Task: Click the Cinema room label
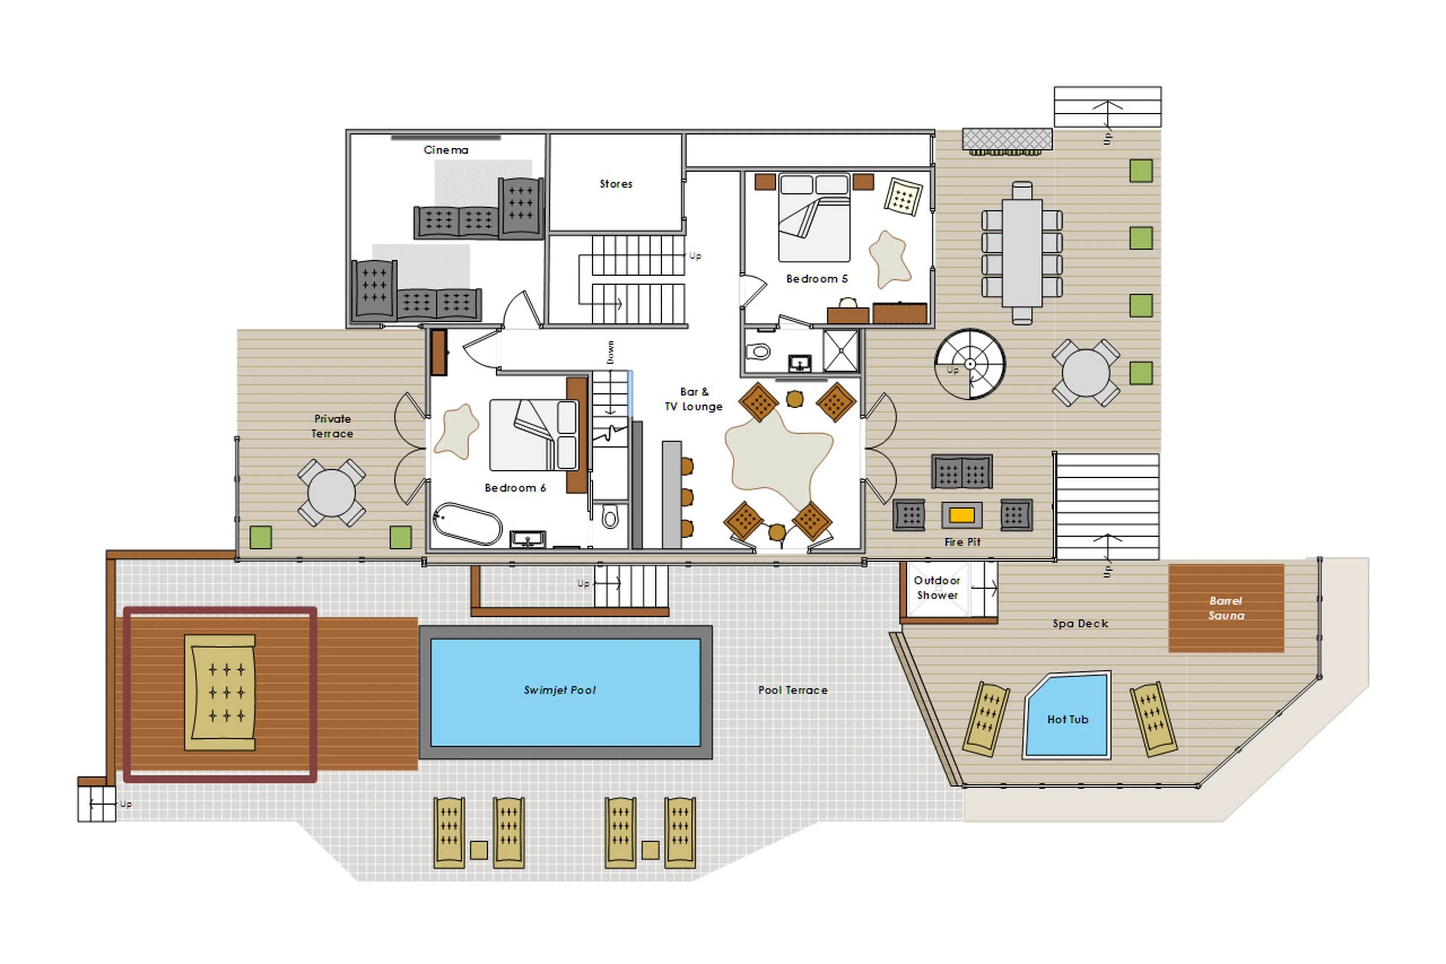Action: pos(445,150)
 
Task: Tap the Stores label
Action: pos(616,184)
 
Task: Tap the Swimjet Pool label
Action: pos(559,690)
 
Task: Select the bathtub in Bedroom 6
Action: pos(467,524)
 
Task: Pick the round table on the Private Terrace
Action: pos(331,493)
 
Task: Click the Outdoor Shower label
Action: pos(937,588)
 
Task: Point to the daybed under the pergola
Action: pos(220,692)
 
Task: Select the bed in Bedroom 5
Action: pos(814,218)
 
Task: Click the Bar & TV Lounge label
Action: pos(693,399)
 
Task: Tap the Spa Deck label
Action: pos(1080,623)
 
